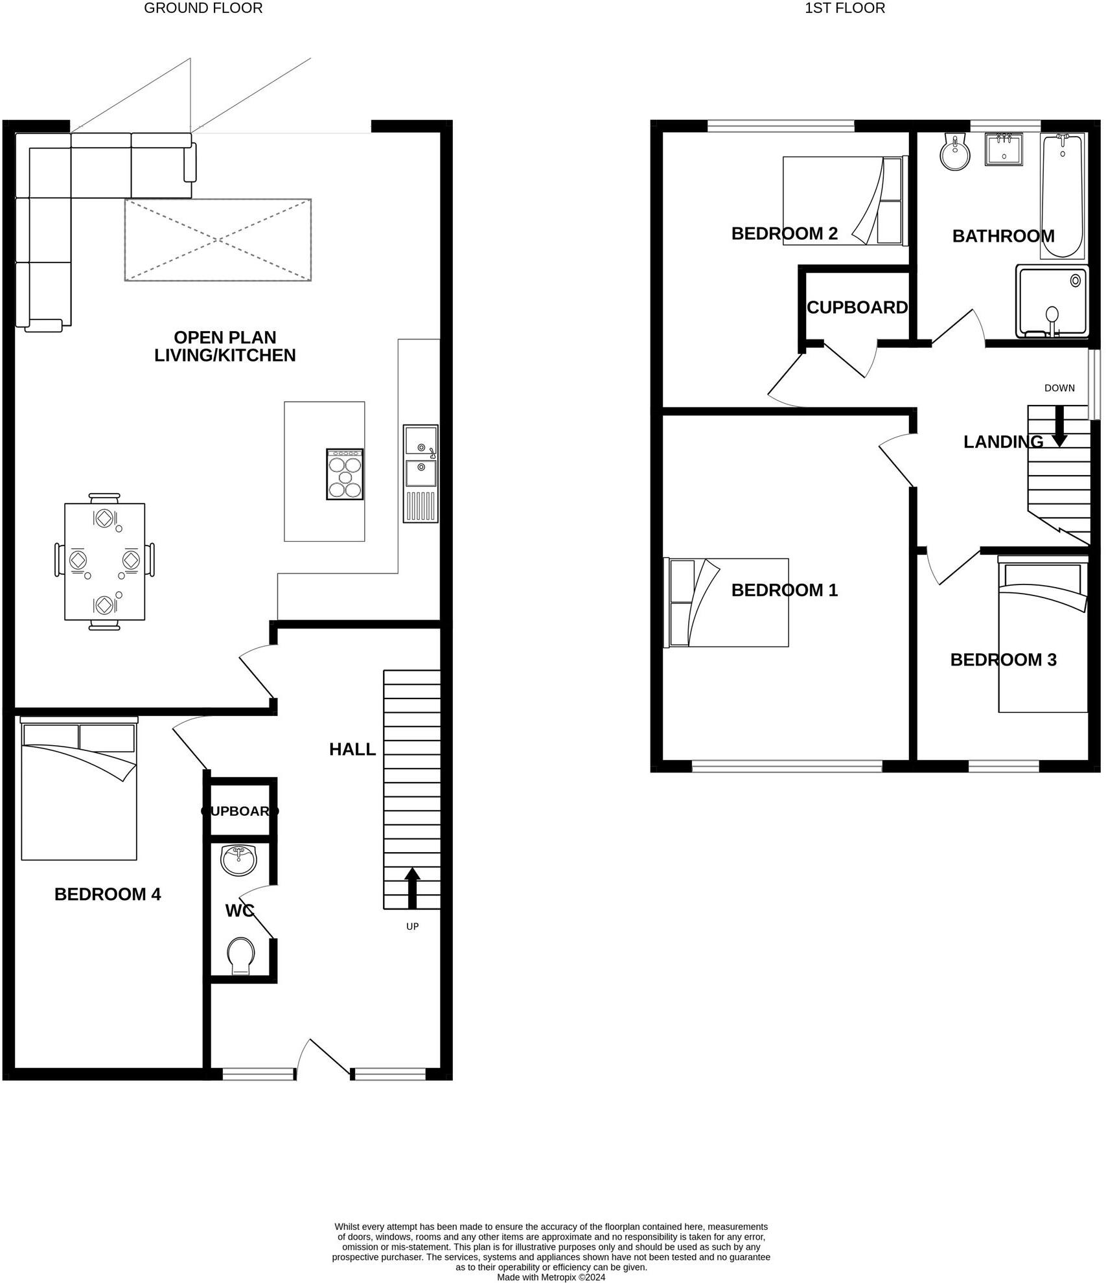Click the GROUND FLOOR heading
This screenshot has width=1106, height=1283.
coord(203,8)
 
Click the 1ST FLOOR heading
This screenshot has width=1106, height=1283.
coord(844,8)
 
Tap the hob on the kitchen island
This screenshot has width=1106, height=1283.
coord(345,474)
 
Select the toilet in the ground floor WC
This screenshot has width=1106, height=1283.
coord(241,955)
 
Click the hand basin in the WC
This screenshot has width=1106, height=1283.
coord(238,861)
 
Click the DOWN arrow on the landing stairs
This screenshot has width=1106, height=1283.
coord(1059,426)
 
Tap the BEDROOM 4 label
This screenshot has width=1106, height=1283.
coord(108,894)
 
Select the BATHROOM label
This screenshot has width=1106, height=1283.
coord(1003,236)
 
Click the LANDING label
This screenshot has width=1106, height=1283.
coord(1003,442)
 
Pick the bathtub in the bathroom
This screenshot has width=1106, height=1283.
coord(1061,196)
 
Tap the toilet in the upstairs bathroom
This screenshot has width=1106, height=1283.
coord(955,153)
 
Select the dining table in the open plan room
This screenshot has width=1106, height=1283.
coord(104,561)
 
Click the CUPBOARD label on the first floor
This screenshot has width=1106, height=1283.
coord(857,307)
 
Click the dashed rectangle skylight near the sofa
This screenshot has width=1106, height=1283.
coord(218,240)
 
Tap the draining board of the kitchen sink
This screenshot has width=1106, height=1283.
coord(421,506)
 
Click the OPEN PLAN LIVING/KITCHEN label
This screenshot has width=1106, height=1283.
coord(225,346)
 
